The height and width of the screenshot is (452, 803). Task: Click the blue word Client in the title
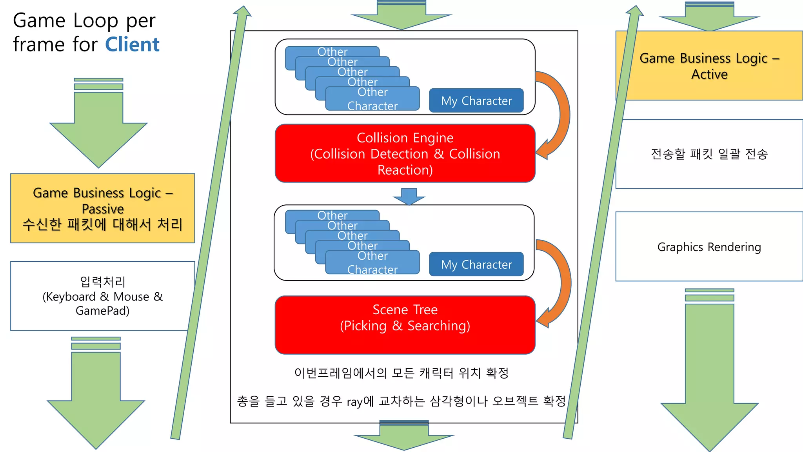tap(132, 44)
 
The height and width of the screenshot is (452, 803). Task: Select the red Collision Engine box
tap(405, 153)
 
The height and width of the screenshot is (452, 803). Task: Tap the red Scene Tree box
tap(405, 325)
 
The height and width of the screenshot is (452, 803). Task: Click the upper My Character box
tap(476, 101)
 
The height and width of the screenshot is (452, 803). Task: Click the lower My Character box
tap(476, 264)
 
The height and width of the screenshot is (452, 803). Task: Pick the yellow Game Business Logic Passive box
tap(102, 208)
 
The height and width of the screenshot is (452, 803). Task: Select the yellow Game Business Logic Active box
tap(709, 66)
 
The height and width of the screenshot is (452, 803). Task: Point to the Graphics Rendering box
tap(709, 247)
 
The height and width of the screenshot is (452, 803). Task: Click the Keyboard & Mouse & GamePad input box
tap(102, 296)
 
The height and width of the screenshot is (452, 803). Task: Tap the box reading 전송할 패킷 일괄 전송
tap(709, 154)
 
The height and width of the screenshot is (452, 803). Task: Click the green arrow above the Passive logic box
tap(98, 129)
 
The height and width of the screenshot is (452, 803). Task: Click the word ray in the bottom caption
tap(354, 402)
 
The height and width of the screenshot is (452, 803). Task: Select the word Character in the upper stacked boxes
tap(372, 106)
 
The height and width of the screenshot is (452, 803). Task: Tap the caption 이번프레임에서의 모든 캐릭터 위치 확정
tap(401, 373)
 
